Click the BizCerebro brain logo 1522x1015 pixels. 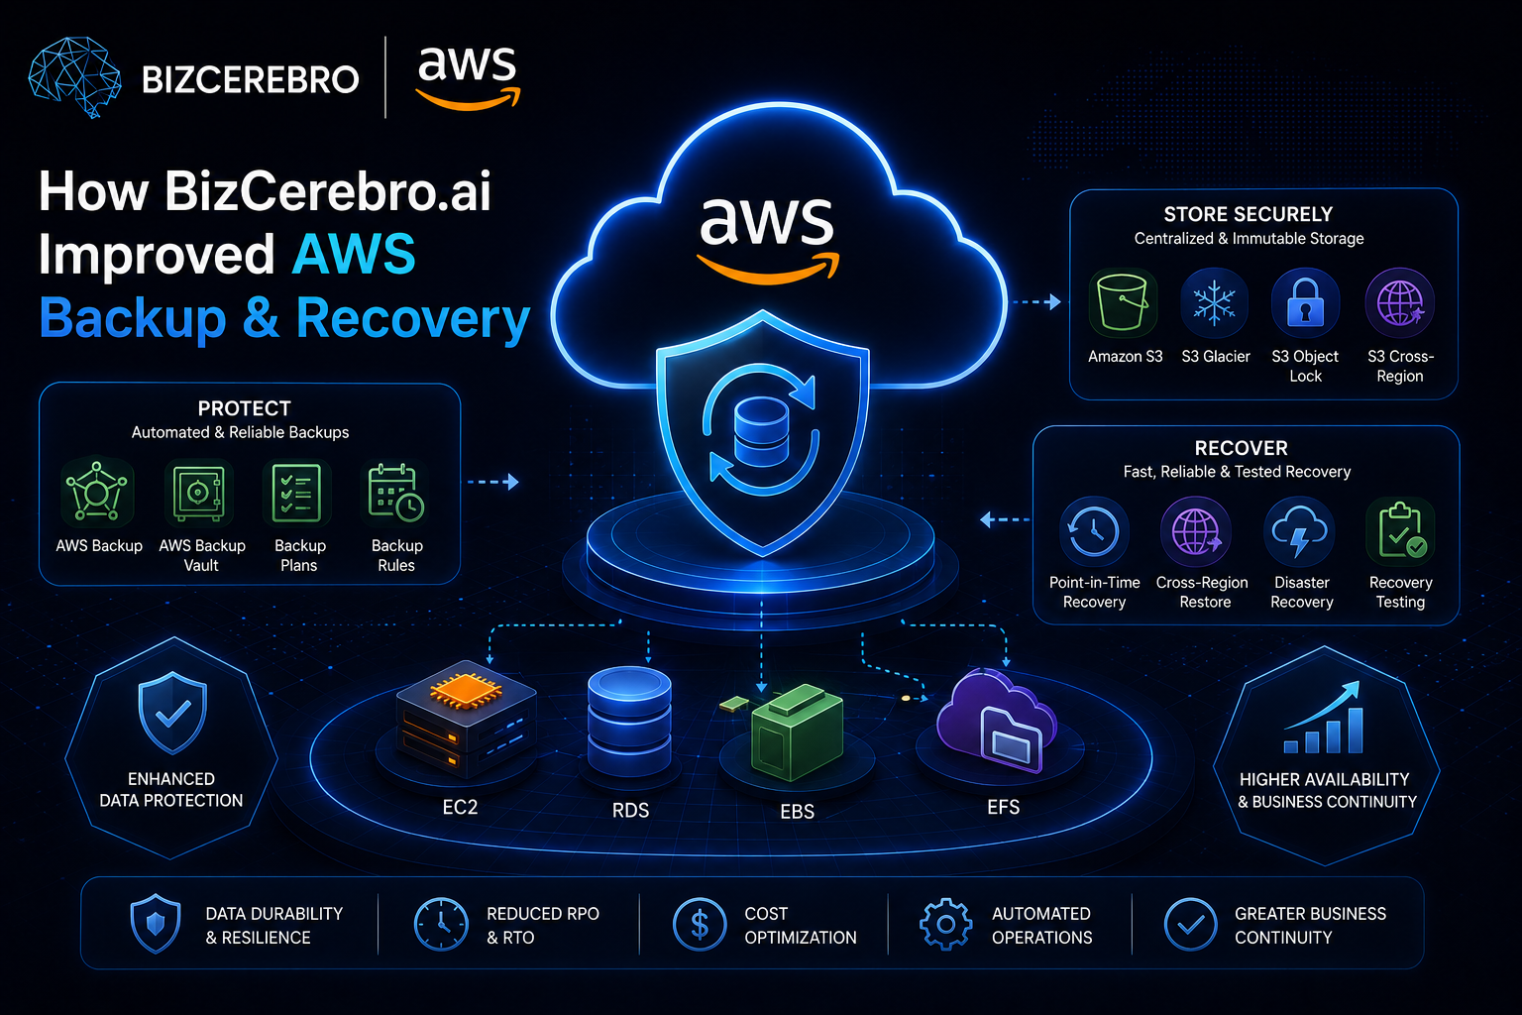tap(74, 77)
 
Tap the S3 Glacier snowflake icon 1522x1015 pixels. tap(1214, 303)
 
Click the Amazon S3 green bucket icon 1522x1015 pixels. tap(1123, 303)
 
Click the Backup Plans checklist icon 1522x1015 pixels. tap(296, 493)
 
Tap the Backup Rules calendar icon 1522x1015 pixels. tap(395, 493)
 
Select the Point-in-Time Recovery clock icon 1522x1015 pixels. tap(1094, 531)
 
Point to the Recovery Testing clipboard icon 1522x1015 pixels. tap(1401, 531)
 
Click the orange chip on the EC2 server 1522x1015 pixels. tap(466, 690)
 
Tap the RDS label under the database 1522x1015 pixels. tap(630, 810)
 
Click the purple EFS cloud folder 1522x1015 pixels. tap(997, 722)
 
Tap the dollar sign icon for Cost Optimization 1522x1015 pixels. tap(700, 925)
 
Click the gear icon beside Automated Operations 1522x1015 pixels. tap(945, 924)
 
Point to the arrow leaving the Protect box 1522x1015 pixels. tap(493, 482)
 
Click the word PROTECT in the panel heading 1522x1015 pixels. tap(244, 408)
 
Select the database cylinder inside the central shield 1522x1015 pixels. tap(761, 432)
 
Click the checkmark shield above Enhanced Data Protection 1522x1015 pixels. tap(171, 713)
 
